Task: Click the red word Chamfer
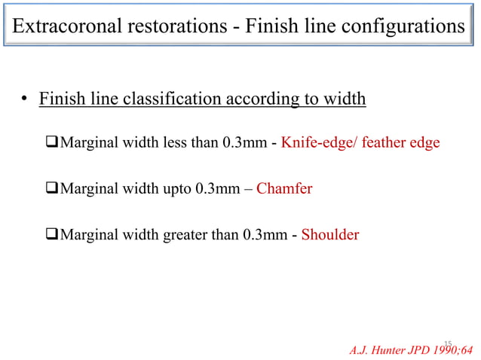[x=284, y=188]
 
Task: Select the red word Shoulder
[x=330, y=235]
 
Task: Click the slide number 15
[x=447, y=342]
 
